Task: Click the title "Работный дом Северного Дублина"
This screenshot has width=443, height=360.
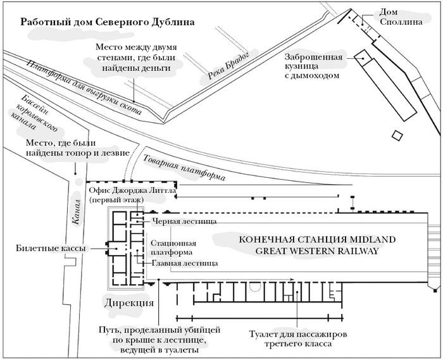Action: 107,21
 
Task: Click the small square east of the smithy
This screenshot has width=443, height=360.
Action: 397,135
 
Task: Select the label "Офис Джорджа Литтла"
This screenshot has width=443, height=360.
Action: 132,195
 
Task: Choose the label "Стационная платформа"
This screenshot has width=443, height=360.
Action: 173,247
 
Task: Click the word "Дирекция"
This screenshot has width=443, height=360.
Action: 128,302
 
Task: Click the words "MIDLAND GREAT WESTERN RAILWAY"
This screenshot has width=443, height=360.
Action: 316,245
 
